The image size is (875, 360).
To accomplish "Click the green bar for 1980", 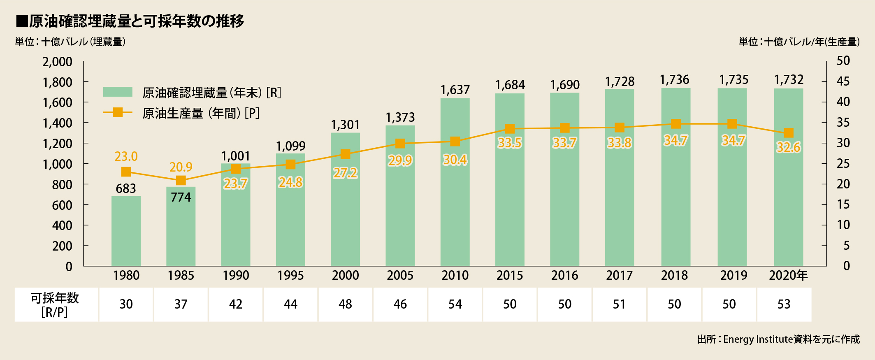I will click(x=126, y=231).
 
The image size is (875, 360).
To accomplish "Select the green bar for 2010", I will click(x=455, y=206).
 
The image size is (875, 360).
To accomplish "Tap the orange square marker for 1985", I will click(x=181, y=180).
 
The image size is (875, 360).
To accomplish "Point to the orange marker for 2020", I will click(x=789, y=133).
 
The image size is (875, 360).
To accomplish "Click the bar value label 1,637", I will click(x=455, y=90).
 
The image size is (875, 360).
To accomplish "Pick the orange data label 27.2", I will click(x=345, y=173).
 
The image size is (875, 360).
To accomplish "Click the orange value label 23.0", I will click(x=126, y=156).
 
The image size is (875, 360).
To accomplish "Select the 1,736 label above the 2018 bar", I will click(x=675, y=79).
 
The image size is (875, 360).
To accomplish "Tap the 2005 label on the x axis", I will click(x=400, y=275).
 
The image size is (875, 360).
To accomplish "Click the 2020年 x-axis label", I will click(x=788, y=275).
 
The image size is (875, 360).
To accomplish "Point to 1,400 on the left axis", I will click(x=58, y=123).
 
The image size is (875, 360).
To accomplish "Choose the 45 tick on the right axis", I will click(x=843, y=81).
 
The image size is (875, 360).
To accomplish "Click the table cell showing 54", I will click(x=455, y=304).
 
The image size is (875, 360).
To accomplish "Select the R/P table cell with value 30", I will click(x=126, y=304).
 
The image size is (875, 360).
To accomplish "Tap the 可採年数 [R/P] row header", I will click(x=55, y=304).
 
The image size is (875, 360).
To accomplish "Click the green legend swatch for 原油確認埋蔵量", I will click(x=118, y=92).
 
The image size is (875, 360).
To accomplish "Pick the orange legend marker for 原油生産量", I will click(x=118, y=112).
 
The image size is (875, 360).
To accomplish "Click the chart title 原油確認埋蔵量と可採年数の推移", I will click(x=130, y=21).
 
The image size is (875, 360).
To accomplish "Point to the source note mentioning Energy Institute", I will click(x=778, y=339).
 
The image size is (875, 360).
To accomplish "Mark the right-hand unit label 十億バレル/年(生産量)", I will click(x=799, y=42).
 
